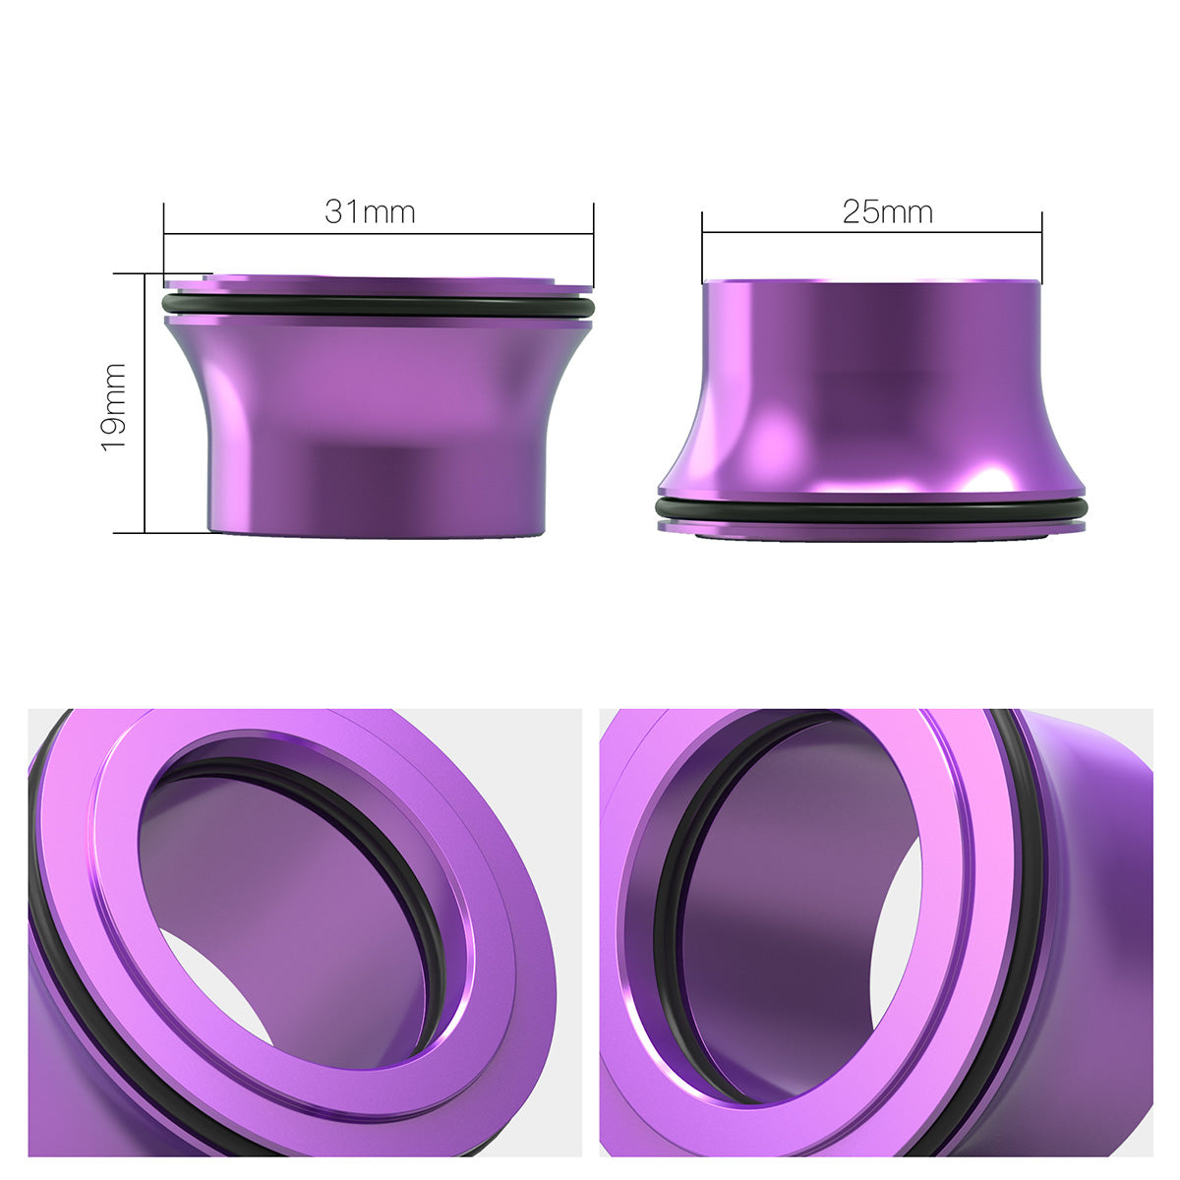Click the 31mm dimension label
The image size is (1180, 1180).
tap(370, 211)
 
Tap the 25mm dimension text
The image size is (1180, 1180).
tap(887, 211)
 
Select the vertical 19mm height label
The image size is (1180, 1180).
tap(115, 406)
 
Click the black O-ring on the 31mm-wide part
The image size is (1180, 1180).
tap(379, 307)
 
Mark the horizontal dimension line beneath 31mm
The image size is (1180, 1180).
tap(379, 234)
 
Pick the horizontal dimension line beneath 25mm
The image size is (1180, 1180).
tap(871, 233)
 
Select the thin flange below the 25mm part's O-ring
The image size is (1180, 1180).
tap(871, 528)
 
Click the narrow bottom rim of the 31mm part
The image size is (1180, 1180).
tap(374, 531)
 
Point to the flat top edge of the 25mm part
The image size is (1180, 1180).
tap(871, 282)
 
